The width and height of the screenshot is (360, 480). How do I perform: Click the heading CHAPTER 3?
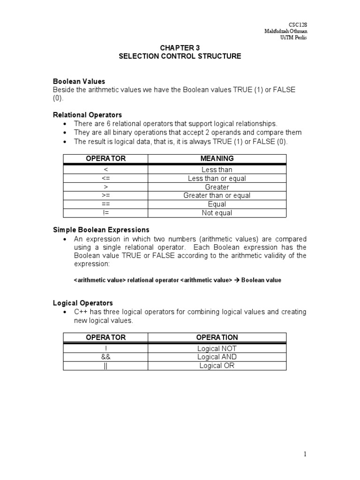(180, 48)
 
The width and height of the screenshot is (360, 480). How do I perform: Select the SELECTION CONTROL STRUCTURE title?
(180, 56)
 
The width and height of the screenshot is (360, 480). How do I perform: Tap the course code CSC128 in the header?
(298, 24)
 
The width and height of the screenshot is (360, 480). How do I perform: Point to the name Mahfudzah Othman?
(286, 31)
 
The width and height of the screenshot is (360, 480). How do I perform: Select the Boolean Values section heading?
(79, 82)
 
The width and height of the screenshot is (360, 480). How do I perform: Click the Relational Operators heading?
(87, 115)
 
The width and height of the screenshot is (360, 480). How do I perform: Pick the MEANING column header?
(217, 158)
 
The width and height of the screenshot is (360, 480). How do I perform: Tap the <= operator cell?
(105, 179)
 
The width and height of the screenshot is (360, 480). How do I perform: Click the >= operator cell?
(105, 195)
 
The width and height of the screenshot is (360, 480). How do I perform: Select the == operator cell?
(105, 204)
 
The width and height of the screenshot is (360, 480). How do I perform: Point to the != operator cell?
(105, 213)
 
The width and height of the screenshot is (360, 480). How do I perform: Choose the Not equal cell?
(217, 213)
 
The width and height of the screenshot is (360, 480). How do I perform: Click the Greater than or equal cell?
(217, 195)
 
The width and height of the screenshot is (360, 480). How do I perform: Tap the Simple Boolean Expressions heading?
(101, 230)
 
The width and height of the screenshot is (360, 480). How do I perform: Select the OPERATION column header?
(217, 337)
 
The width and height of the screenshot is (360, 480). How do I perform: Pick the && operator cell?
(105, 357)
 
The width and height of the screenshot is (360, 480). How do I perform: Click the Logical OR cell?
(217, 366)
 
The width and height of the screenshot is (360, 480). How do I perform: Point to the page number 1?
(305, 454)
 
